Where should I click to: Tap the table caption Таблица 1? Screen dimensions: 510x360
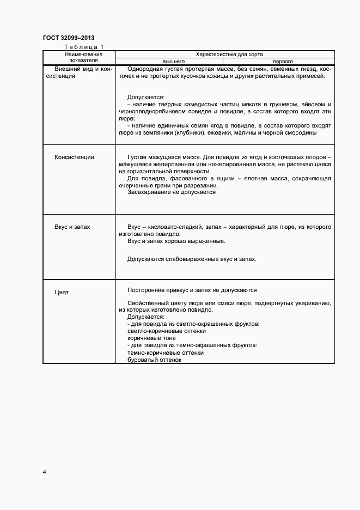tap(83, 48)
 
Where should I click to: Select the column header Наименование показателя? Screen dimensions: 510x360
tap(79, 58)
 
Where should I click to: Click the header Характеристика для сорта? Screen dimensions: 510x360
tap(225, 54)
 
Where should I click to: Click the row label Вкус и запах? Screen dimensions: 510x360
tap(72, 226)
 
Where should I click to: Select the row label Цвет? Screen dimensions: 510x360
tap(62, 292)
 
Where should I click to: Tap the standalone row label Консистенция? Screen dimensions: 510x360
tap(74, 157)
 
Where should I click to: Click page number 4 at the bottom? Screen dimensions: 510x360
tap(44, 471)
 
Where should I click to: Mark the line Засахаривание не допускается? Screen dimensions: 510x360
tap(172, 192)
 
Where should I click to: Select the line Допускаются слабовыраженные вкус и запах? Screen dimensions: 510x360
tap(191, 259)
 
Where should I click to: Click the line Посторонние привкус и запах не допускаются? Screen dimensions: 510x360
tap(192, 290)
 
